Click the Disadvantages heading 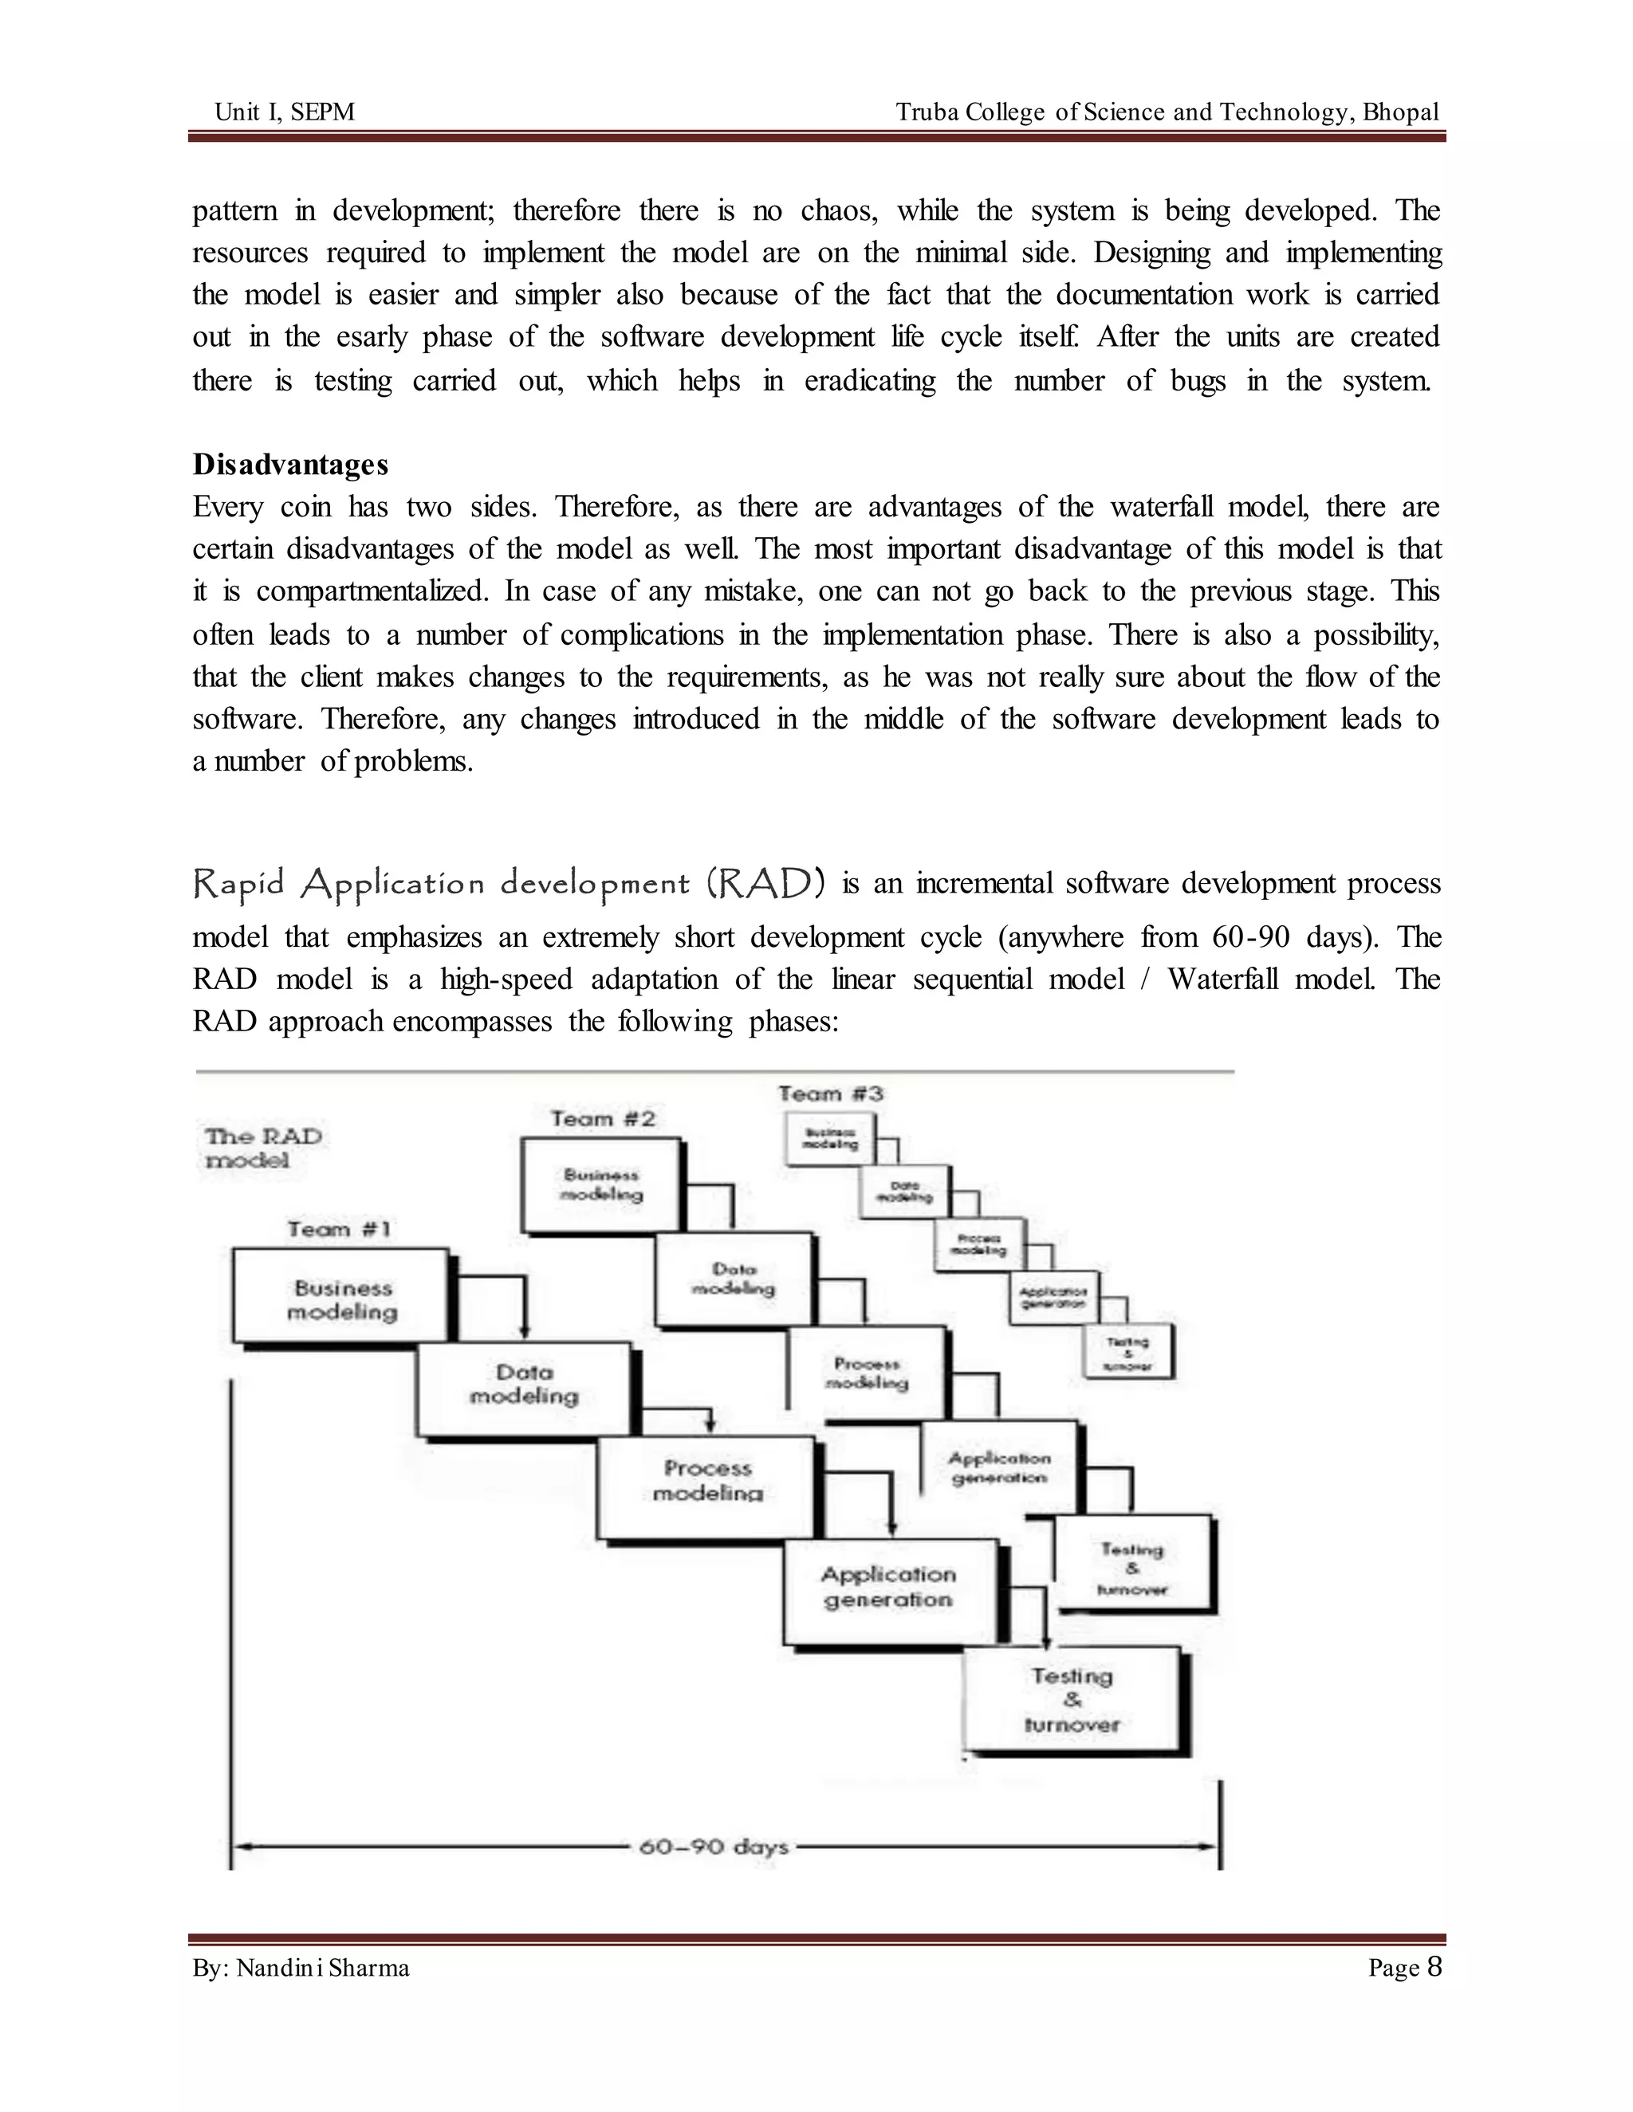click(290, 465)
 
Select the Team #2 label click(603, 1119)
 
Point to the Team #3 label click(831, 1093)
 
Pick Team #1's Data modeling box click(523, 1385)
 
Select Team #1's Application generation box click(888, 1588)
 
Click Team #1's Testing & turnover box click(1072, 1700)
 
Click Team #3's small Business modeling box click(830, 1138)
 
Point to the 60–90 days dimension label click(714, 1847)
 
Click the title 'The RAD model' click(262, 1148)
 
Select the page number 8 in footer click(1434, 1967)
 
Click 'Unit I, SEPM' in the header click(285, 112)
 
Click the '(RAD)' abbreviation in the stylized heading click(765, 883)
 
